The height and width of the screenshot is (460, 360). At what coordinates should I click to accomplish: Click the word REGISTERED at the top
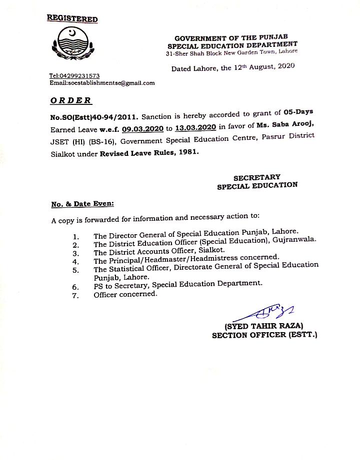click(72, 19)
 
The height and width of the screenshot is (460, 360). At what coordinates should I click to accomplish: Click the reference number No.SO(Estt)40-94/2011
click(94, 117)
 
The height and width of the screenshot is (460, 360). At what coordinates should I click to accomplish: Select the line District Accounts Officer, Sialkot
click(159, 250)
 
